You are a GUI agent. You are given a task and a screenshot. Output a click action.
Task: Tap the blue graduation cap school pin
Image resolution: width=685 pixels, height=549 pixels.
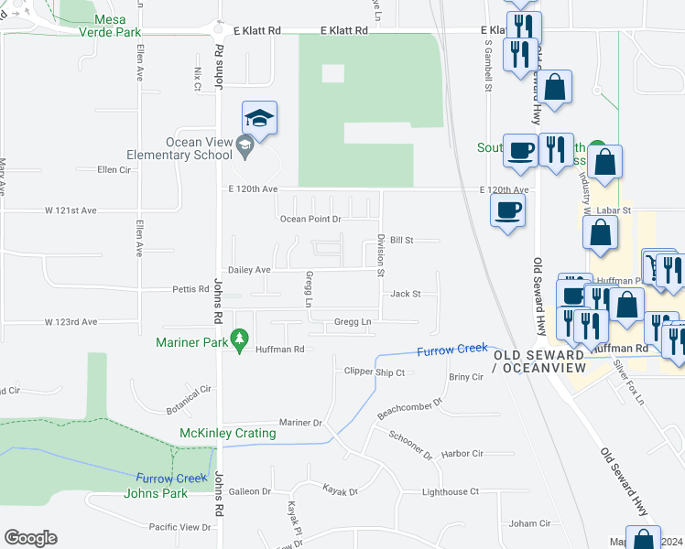point(259,119)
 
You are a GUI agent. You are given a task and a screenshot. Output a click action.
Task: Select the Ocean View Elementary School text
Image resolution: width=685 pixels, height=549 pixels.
point(199,148)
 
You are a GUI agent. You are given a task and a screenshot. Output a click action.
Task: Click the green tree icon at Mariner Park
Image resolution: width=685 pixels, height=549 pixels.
point(239,340)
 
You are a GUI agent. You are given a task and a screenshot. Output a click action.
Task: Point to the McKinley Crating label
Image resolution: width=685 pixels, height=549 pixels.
point(228,433)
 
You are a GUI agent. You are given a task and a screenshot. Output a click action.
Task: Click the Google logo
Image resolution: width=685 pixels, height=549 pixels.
point(30,538)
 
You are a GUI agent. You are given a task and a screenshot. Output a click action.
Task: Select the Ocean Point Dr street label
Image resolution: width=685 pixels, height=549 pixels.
point(310,219)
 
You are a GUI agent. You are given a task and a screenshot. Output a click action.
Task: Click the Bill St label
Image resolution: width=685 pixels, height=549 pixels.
point(402,240)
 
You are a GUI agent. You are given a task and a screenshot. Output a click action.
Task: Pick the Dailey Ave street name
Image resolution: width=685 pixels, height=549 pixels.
point(249,270)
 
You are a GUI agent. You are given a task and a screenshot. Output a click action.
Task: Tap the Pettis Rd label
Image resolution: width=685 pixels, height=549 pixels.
point(190,289)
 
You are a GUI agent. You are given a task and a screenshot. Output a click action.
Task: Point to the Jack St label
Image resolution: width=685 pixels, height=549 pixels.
point(405,294)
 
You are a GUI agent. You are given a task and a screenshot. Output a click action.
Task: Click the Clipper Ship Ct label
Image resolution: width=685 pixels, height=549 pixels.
point(374,372)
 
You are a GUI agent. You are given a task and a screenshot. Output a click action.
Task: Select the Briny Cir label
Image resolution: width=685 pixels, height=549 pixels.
point(465,376)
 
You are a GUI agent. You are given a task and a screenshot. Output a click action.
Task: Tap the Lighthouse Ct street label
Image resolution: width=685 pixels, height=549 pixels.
point(449,491)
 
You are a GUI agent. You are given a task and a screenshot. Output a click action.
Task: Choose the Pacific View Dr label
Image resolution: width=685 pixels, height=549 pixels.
point(179,527)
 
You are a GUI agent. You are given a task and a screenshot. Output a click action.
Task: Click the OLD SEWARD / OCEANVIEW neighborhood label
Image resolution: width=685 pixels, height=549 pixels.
point(538,361)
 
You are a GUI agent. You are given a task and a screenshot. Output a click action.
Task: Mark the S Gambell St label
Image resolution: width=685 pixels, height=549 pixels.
point(488,66)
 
